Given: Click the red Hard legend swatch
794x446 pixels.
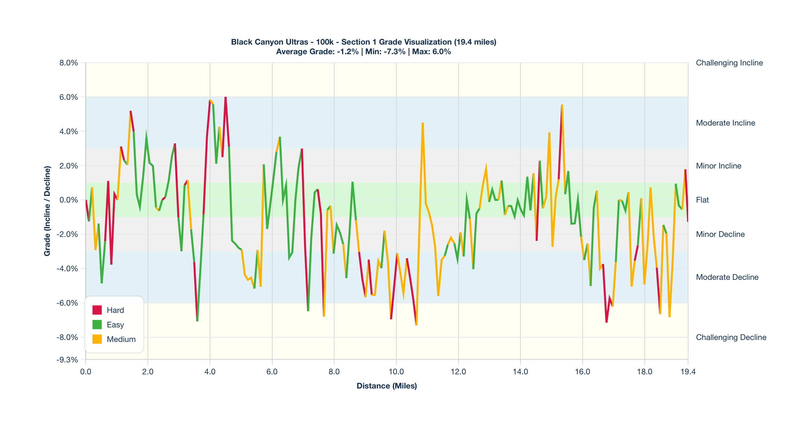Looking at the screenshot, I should (x=97, y=310).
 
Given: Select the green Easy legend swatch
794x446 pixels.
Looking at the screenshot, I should (x=97, y=325).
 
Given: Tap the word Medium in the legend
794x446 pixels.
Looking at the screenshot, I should (x=121, y=339).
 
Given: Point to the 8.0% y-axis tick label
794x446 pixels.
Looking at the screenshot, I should (x=69, y=63).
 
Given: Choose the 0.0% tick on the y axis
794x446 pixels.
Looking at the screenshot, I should (x=69, y=200).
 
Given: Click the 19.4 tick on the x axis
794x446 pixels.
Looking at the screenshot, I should (x=688, y=372).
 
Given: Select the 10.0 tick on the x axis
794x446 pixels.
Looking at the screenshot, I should (x=396, y=372).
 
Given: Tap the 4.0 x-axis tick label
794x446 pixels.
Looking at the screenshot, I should (x=210, y=372).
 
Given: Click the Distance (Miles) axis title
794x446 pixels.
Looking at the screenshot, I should (x=387, y=386).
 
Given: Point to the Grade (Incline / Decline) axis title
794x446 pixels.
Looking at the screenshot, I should (x=47, y=211).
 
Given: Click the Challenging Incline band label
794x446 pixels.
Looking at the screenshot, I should (x=729, y=63).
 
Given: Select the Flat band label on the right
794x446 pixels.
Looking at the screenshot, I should (x=702, y=200).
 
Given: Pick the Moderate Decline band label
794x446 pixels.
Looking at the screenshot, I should (x=727, y=277).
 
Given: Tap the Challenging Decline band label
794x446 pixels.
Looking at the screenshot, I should (x=731, y=337).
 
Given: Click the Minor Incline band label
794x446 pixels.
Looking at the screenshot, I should (x=719, y=166).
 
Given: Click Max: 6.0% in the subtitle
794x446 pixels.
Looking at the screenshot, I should (x=431, y=52).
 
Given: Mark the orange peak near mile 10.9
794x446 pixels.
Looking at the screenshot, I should (x=423, y=123).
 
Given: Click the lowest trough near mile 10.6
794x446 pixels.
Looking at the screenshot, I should (x=416, y=325).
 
